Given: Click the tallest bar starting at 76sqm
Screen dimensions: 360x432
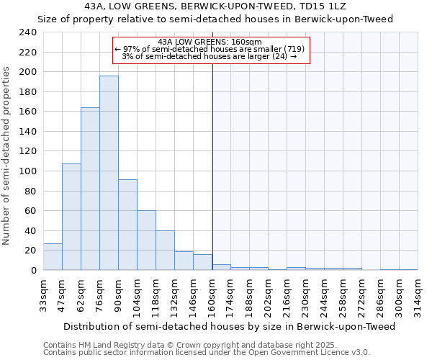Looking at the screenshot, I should click(x=109, y=173).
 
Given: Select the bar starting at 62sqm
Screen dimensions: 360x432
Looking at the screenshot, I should click(x=90, y=189).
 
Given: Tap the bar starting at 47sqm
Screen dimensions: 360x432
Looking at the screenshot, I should click(x=71, y=217).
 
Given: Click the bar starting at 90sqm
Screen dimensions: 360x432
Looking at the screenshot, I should click(x=127, y=225).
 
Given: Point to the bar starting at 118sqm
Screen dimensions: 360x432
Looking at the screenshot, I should click(x=165, y=251).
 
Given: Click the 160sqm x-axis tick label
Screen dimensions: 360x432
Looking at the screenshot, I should click(x=212, y=294).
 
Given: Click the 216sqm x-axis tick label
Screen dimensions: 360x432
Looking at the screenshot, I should click(x=287, y=294).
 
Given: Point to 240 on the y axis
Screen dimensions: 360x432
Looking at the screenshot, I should click(x=27, y=32).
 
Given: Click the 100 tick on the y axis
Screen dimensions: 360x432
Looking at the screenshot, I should click(x=27, y=171).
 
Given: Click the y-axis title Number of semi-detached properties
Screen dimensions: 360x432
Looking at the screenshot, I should click(x=7, y=155).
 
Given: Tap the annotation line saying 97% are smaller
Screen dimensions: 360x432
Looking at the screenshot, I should click(x=210, y=49).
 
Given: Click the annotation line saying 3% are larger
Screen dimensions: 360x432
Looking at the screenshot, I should click(x=210, y=56).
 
